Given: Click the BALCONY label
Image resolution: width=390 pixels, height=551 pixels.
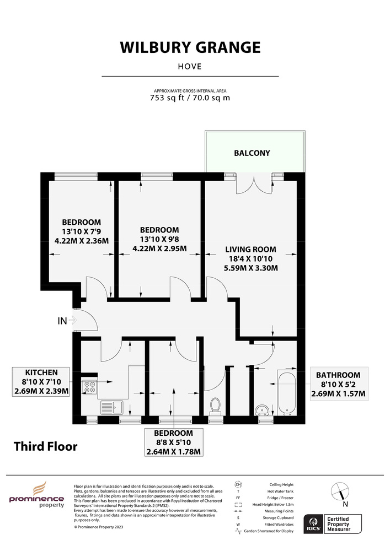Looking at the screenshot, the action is tap(252, 153).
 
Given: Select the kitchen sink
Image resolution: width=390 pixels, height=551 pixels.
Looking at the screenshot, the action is tap(111, 408).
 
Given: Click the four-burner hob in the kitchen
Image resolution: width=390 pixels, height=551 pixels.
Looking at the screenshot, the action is tap(90, 387).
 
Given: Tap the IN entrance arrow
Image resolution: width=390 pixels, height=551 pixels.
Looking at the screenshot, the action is tap(73, 320).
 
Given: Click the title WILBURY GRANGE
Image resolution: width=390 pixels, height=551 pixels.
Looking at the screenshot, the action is tap(190, 47).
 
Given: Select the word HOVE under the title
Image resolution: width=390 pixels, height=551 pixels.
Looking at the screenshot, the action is tap(190, 67).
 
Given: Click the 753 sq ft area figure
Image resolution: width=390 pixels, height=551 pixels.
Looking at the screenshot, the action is tap(167, 98).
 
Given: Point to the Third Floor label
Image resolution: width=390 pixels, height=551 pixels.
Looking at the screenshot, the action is tap(45, 446).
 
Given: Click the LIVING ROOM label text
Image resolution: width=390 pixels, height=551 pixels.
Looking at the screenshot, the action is tap(251, 250).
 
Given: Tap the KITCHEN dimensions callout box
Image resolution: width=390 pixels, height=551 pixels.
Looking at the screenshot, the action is tap(41, 382).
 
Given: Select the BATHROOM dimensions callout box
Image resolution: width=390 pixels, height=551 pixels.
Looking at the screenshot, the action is tap(338, 384).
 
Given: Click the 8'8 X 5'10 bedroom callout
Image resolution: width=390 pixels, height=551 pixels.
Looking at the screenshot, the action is tap(174, 442).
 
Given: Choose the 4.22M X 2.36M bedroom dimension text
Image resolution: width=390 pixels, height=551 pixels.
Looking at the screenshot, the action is tap(82, 241).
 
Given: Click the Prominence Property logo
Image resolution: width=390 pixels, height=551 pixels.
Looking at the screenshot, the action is tap(36, 495).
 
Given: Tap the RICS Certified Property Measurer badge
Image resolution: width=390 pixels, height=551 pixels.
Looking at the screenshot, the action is tap(332, 523).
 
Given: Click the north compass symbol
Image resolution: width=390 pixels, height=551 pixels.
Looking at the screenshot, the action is tap(340, 491).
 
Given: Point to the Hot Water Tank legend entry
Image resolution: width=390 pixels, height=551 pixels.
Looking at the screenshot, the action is tap(280, 491).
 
